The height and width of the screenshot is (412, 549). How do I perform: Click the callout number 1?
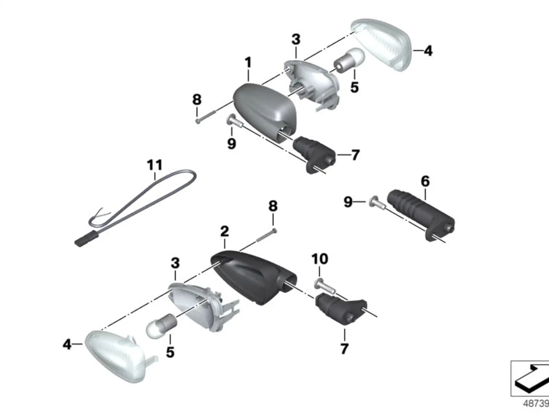[248, 62]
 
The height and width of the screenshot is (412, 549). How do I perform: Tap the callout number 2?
[224, 231]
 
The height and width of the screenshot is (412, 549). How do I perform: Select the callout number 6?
[425, 181]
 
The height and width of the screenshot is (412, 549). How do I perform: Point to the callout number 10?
[320, 259]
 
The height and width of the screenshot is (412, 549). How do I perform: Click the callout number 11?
[154, 165]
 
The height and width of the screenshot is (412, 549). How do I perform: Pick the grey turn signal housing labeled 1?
[264, 110]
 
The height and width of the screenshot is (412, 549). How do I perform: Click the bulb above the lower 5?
[162, 326]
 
